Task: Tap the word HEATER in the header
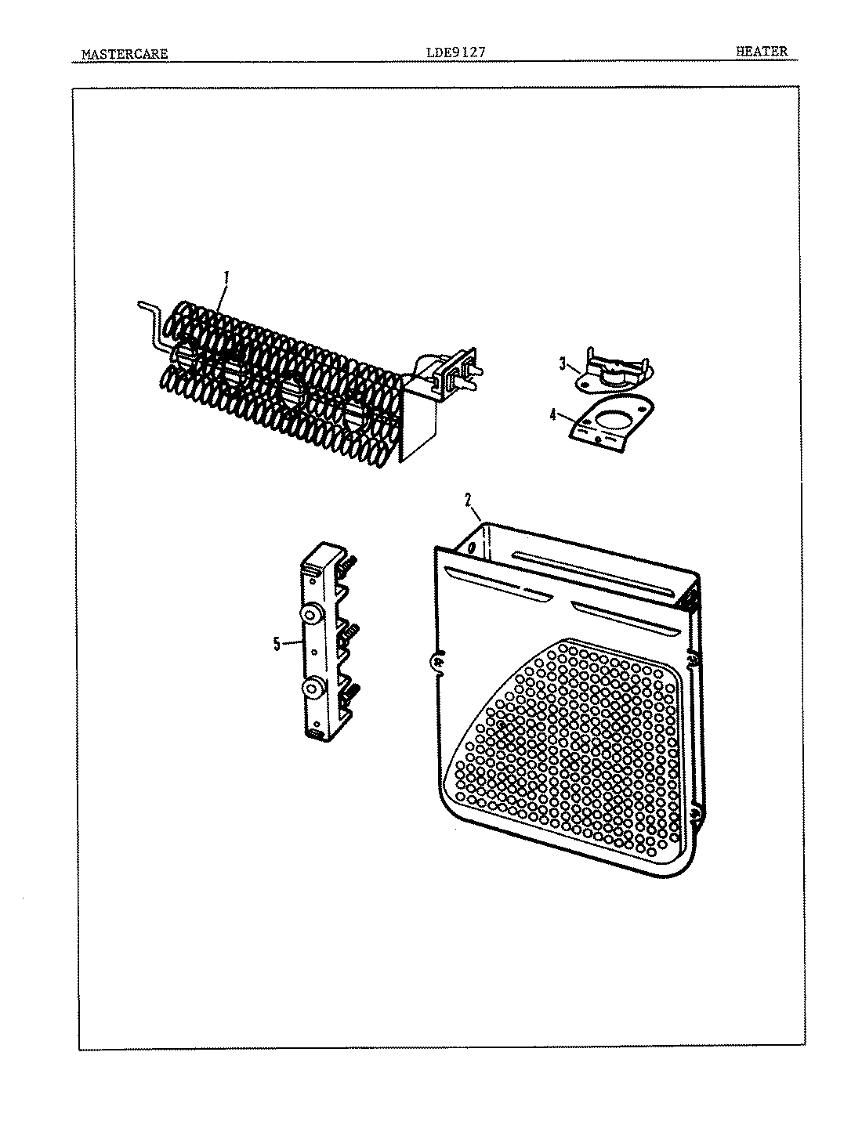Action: pos(761,52)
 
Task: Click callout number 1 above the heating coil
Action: pos(226,277)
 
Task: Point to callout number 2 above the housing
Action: pos(467,498)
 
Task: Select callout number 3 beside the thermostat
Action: pos(562,363)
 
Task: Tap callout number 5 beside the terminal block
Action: pos(276,644)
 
